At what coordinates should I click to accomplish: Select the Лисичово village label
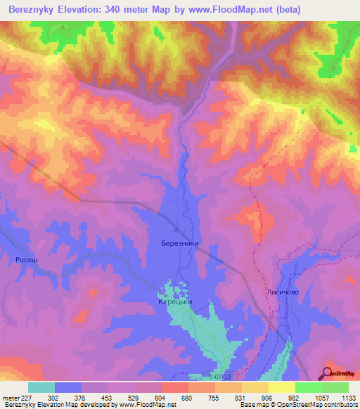(283, 291)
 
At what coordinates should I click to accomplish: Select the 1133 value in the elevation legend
(349, 396)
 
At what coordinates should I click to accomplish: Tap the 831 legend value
(241, 396)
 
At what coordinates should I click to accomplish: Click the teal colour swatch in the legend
(41, 387)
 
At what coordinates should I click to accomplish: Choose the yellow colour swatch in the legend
(281, 387)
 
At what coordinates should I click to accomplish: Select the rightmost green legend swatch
(335, 387)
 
